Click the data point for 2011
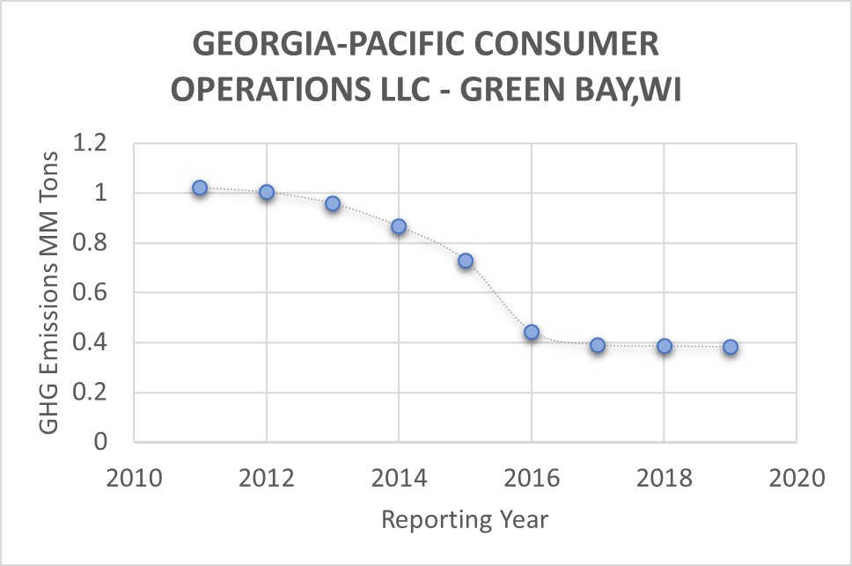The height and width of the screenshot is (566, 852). [x=200, y=187]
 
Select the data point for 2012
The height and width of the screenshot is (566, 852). [x=267, y=192]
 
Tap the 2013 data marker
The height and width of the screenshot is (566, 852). [x=333, y=203]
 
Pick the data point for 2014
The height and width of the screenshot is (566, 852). [x=399, y=226]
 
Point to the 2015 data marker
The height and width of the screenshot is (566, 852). [x=466, y=261]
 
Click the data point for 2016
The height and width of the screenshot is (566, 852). [x=532, y=332]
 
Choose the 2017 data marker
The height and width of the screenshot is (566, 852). [x=598, y=345]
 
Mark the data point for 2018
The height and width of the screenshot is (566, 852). [x=665, y=346]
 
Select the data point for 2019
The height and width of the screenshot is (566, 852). [x=731, y=347]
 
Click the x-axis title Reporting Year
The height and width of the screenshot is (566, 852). [x=465, y=519]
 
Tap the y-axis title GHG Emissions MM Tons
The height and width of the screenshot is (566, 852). [x=50, y=292]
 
